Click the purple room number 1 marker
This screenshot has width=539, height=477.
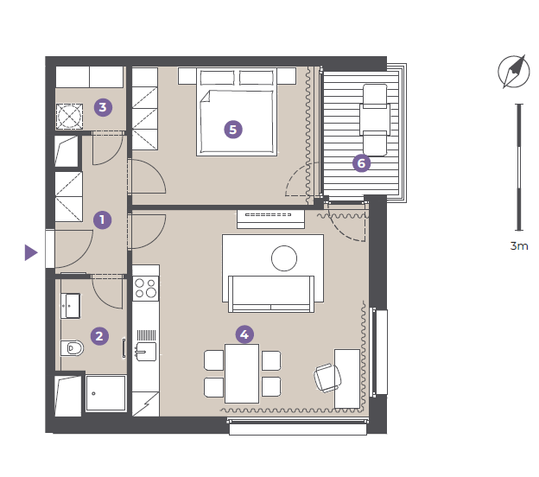pos(103,219)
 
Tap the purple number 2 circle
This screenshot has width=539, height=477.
pos(99,336)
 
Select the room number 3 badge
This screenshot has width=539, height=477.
pos(103,107)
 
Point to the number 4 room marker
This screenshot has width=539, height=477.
pos(244,334)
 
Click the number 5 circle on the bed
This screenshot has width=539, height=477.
pos(233,130)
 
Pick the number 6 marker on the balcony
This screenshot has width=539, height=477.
pos(362,163)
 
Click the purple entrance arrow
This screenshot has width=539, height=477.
pos(31,252)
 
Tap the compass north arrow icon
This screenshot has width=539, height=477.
pos(514,72)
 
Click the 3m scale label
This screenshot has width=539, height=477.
pos(519,246)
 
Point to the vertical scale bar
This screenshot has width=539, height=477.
pos(519,167)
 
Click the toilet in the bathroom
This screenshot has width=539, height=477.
pos(73,348)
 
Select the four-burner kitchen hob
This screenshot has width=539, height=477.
pos(146,289)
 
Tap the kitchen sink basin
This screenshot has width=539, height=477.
pos(146,352)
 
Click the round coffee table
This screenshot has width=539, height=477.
pos(284,258)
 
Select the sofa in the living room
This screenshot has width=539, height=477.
pos(271,294)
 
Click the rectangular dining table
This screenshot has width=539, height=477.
pos(242,373)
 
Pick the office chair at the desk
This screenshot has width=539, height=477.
pos(327,378)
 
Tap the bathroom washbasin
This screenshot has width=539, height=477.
pos(71,306)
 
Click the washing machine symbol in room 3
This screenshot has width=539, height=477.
pos(69,117)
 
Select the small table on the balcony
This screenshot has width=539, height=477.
pos(375,119)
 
